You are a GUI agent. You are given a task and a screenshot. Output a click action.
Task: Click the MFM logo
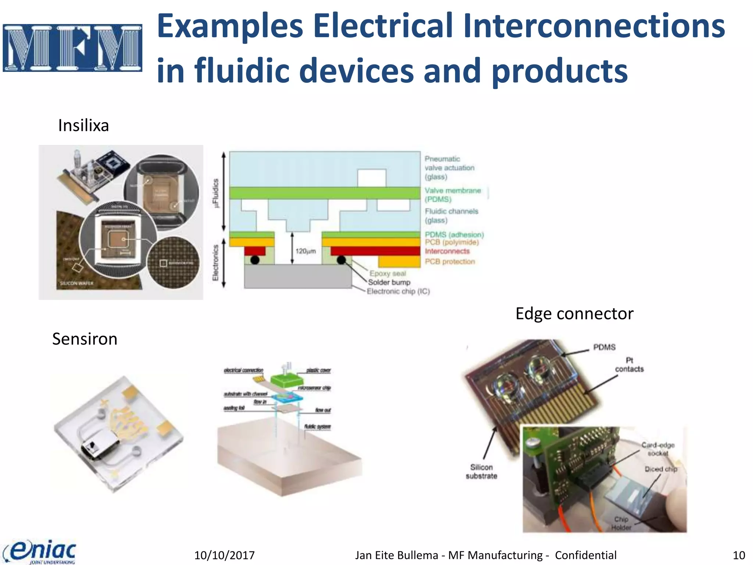point(72,48)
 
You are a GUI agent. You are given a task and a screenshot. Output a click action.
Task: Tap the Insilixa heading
point(83,126)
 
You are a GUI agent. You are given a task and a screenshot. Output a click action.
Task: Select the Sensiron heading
point(85,339)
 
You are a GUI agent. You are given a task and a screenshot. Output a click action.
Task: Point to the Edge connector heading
point(574,314)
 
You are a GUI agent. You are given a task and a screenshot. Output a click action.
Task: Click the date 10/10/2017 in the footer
point(224,555)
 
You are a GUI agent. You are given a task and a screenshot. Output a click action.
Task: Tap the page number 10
point(739,555)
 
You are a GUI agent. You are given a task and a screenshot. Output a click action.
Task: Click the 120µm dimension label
point(306,251)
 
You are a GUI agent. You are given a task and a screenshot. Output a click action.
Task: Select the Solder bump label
point(389,282)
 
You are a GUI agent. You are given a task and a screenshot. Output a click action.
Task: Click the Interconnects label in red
point(447,251)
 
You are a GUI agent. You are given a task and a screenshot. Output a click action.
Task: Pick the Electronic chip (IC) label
point(398,291)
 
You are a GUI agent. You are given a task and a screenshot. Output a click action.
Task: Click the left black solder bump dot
point(255,260)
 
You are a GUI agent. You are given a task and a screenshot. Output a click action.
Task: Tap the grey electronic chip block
point(298,277)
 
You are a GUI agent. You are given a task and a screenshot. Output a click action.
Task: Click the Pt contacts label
point(629,365)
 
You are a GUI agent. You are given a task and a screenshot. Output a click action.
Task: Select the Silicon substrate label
point(481,472)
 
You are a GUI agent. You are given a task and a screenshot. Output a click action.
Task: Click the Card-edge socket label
point(658,449)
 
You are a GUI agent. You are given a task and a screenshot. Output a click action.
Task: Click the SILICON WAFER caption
point(77,283)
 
